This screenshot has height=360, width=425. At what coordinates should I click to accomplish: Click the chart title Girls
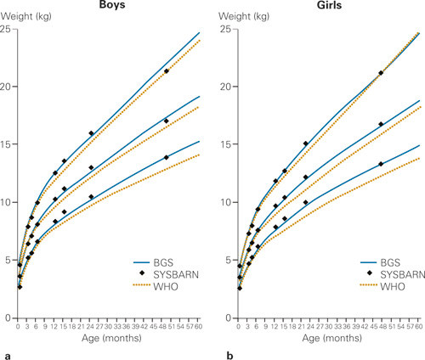(x=324, y=6)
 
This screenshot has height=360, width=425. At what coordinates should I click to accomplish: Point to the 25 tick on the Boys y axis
(x=8, y=30)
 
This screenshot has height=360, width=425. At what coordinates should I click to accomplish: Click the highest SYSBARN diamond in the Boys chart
(x=167, y=71)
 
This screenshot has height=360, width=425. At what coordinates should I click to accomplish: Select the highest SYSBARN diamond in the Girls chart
(x=381, y=73)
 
